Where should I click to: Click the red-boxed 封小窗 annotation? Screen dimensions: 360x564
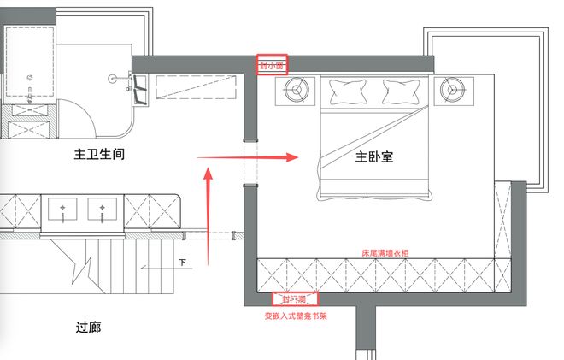tap(273, 65)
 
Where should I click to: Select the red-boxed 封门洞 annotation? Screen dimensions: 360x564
tap(294, 299)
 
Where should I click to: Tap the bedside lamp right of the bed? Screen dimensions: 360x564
tap(450, 88)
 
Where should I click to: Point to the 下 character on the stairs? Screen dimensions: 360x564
tap(182, 262)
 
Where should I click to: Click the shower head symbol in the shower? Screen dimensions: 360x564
tap(114, 78)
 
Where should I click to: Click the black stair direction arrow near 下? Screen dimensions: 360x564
tap(162, 267)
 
